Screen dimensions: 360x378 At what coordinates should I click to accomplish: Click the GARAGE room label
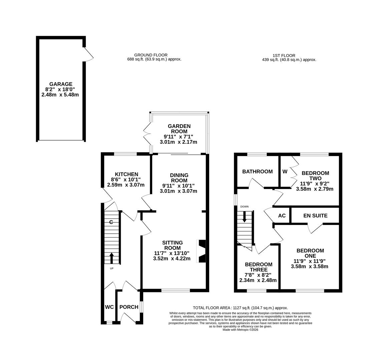point(61,84)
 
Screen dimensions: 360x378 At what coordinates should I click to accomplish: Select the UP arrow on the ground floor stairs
point(111,258)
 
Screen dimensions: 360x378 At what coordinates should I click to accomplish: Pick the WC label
point(109,307)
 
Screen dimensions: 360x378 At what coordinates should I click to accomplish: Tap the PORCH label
point(129,307)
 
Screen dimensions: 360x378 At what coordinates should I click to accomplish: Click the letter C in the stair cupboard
point(111,222)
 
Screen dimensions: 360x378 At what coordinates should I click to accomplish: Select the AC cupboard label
point(282,216)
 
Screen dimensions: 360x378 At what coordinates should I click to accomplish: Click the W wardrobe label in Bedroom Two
point(285,172)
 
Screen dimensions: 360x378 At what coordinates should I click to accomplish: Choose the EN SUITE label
point(315,216)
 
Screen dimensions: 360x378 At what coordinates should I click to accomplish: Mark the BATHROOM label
point(257,172)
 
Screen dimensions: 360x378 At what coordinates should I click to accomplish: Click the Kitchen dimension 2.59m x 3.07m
point(126,185)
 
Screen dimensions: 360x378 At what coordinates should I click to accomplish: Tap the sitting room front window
point(175,290)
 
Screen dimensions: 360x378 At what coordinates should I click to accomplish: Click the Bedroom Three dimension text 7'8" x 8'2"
point(258,275)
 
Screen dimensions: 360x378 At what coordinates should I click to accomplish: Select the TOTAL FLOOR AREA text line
point(240,308)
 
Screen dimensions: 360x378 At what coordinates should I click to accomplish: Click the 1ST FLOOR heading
point(284,56)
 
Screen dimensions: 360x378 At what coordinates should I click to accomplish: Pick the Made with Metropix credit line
point(240,330)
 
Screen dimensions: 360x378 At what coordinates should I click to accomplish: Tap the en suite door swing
point(315,228)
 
